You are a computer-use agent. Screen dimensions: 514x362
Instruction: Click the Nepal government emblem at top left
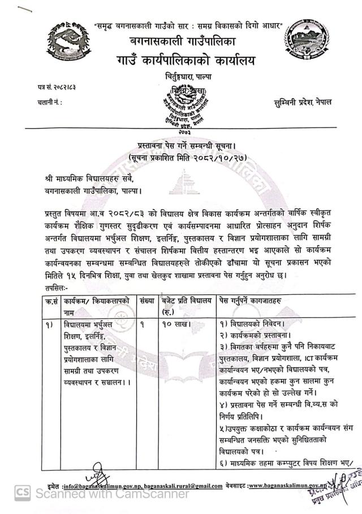68,40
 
